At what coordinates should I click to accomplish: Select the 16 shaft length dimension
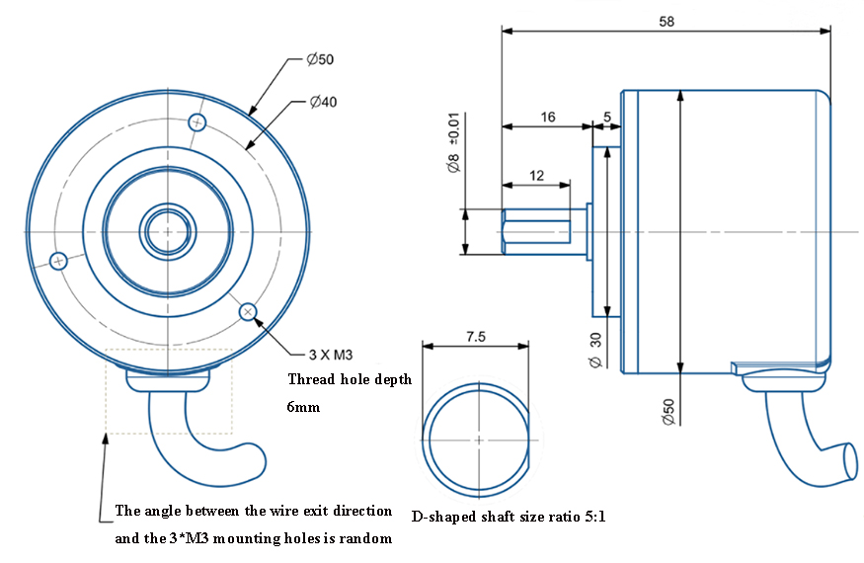coord(547,117)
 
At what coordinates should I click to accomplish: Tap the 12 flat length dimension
coord(537,175)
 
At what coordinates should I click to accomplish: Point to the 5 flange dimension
coord(606,117)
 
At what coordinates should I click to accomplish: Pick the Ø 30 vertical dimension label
coord(595,349)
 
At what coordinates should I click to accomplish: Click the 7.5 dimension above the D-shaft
coord(474,336)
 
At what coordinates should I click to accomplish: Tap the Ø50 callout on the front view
coord(320,59)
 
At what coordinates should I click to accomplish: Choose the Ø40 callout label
coord(323,102)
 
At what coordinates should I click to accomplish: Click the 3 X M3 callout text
coord(332,354)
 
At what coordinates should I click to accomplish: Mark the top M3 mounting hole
coord(198,122)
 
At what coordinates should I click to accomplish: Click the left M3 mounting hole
coord(59,262)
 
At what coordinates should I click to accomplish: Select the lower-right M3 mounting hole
coord(248,313)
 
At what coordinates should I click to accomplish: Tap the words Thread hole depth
coord(350,380)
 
